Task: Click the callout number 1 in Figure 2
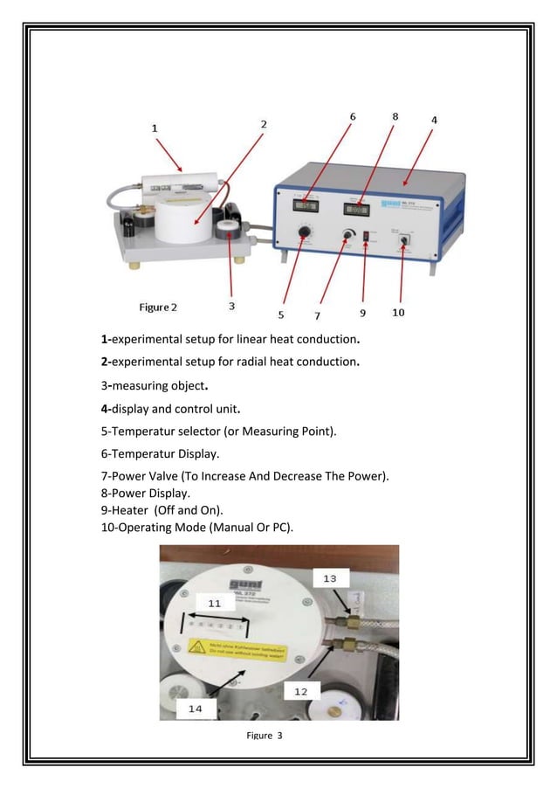(155, 128)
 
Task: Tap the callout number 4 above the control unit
(434, 119)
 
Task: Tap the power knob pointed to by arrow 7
(348, 235)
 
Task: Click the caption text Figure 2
(158, 308)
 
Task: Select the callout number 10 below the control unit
(397, 313)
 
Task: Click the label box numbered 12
(300, 690)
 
